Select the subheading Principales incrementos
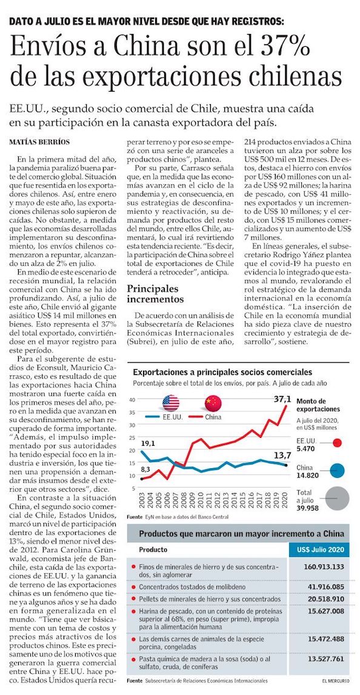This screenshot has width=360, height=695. tap(155, 294)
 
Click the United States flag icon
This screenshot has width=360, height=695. tap(170, 403)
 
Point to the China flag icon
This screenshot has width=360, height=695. tap(213, 403)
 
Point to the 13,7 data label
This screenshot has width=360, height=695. tap(282, 455)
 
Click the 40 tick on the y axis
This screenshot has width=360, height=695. tap(131, 400)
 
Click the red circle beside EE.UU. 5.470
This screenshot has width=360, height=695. tap(338, 442)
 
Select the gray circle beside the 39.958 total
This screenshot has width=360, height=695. tap(338, 498)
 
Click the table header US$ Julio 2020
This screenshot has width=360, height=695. tap(319, 549)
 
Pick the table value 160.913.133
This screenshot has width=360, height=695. tap(324, 566)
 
